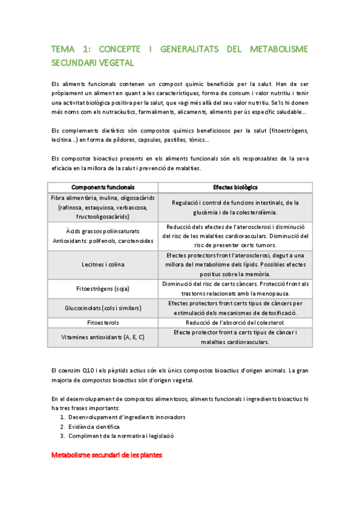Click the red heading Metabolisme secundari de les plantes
[x=106, y=456]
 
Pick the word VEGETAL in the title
[x=115, y=63]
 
